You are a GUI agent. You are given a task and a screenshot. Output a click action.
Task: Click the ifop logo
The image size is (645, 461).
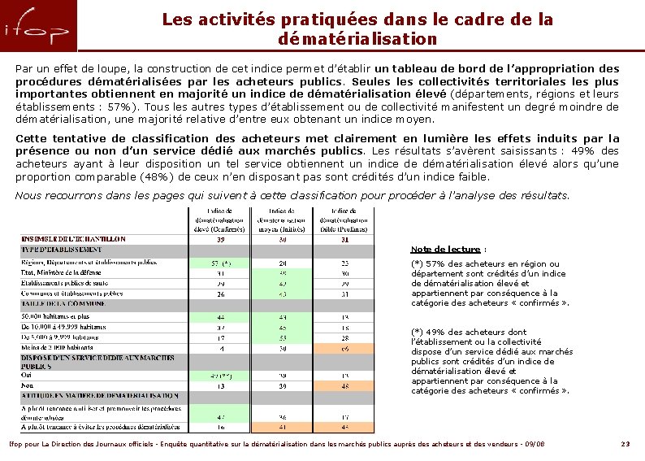(x=38, y=29)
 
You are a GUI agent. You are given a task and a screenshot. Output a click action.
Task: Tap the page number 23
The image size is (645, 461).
(x=625, y=444)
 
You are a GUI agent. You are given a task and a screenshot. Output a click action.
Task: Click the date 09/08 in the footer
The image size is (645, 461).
(x=534, y=444)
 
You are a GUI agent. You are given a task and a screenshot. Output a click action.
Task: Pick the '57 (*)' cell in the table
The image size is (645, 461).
(x=220, y=263)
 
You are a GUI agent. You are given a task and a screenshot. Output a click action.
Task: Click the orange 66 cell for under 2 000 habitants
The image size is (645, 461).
(x=344, y=347)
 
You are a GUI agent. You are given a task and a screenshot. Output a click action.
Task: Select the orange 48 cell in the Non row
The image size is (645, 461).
(x=344, y=386)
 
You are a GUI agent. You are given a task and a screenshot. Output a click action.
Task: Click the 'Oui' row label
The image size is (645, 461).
(x=26, y=376)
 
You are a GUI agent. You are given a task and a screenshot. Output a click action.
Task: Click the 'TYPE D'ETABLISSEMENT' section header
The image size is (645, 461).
(x=61, y=250)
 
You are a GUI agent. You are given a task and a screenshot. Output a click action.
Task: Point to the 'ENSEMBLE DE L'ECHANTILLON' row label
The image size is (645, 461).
(x=73, y=239)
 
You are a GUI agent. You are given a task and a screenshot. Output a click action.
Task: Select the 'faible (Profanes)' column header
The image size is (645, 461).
(x=344, y=220)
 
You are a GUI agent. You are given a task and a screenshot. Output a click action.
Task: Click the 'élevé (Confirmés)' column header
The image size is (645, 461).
(x=220, y=220)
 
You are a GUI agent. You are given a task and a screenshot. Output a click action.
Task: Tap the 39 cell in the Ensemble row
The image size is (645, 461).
(x=220, y=239)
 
